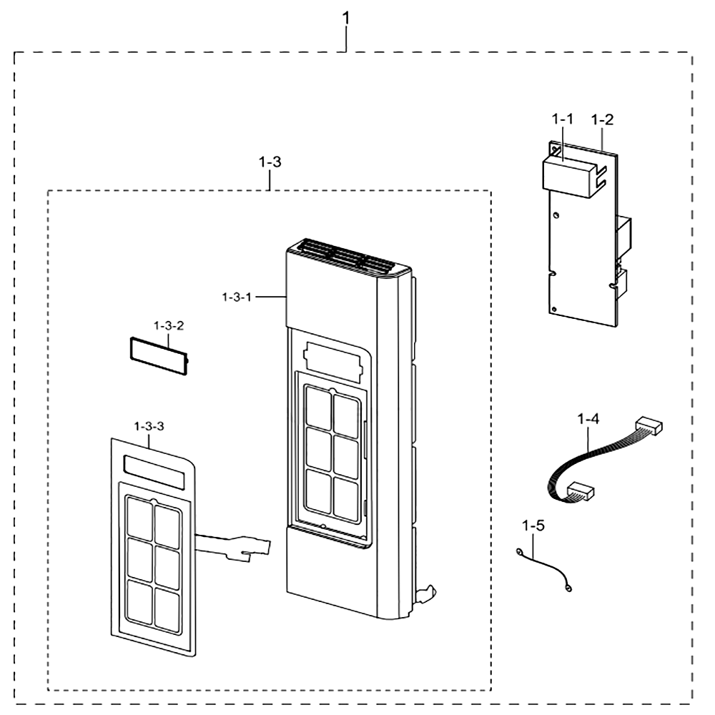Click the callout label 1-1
pos(562,119)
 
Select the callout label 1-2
pos(602,119)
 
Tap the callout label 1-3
pos(270,162)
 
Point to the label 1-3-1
pos(237,297)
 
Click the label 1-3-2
pos(169,325)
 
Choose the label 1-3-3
pos(149,426)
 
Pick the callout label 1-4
pos(588,418)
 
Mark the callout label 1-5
pos(533,526)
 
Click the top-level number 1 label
pos(346,19)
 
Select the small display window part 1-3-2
pos(159,356)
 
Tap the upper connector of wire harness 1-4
pos(649,425)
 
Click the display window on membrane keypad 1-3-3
pos(154,472)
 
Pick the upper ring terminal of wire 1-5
pos(519,553)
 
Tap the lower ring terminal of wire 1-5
pos(568,588)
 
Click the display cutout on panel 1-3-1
pos(334,363)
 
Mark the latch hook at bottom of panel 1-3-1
pos(426,593)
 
